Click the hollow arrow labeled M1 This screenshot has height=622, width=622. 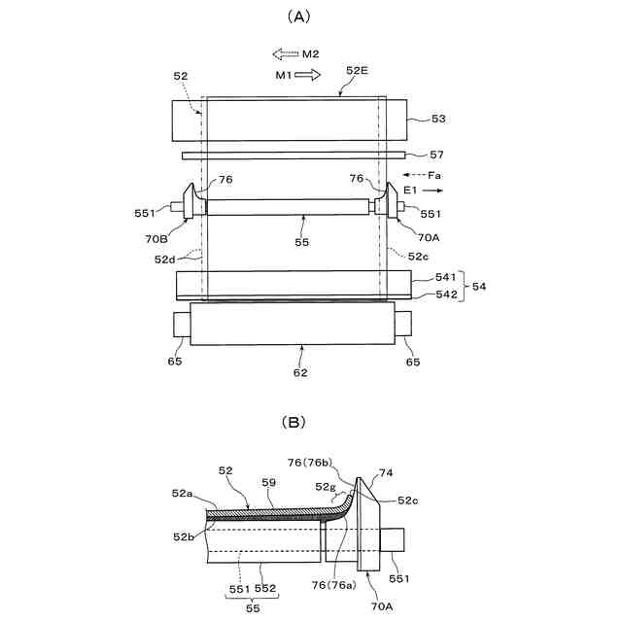pyautogui.click(x=308, y=75)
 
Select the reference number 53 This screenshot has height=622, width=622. pyautogui.click(x=437, y=119)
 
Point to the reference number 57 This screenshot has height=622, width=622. pyautogui.click(x=436, y=155)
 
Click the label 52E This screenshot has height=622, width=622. pyautogui.click(x=358, y=70)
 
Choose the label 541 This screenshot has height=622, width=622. pyautogui.click(x=434, y=278)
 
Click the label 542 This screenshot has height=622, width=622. pyautogui.click(x=434, y=294)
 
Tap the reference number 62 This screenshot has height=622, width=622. pyautogui.click(x=301, y=371)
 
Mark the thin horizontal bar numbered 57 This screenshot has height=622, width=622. pyautogui.click(x=292, y=154)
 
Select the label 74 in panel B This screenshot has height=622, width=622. pyautogui.click(x=386, y=473)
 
